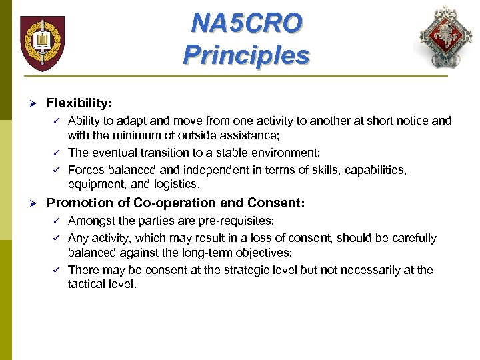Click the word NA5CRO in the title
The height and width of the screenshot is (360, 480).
[246, 23]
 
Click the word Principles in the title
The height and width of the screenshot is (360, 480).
[246, 55]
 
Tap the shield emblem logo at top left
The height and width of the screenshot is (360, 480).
[43, 43]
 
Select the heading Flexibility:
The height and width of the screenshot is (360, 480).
[79, 103]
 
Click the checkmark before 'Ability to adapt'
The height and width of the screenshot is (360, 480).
[57, 121]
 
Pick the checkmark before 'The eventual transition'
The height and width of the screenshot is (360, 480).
[57, 153]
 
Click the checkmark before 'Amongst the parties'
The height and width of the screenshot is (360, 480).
[57, 220]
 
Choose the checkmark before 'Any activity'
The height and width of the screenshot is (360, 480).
[57, 237]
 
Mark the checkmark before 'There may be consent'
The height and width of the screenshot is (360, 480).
[57, 269]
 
